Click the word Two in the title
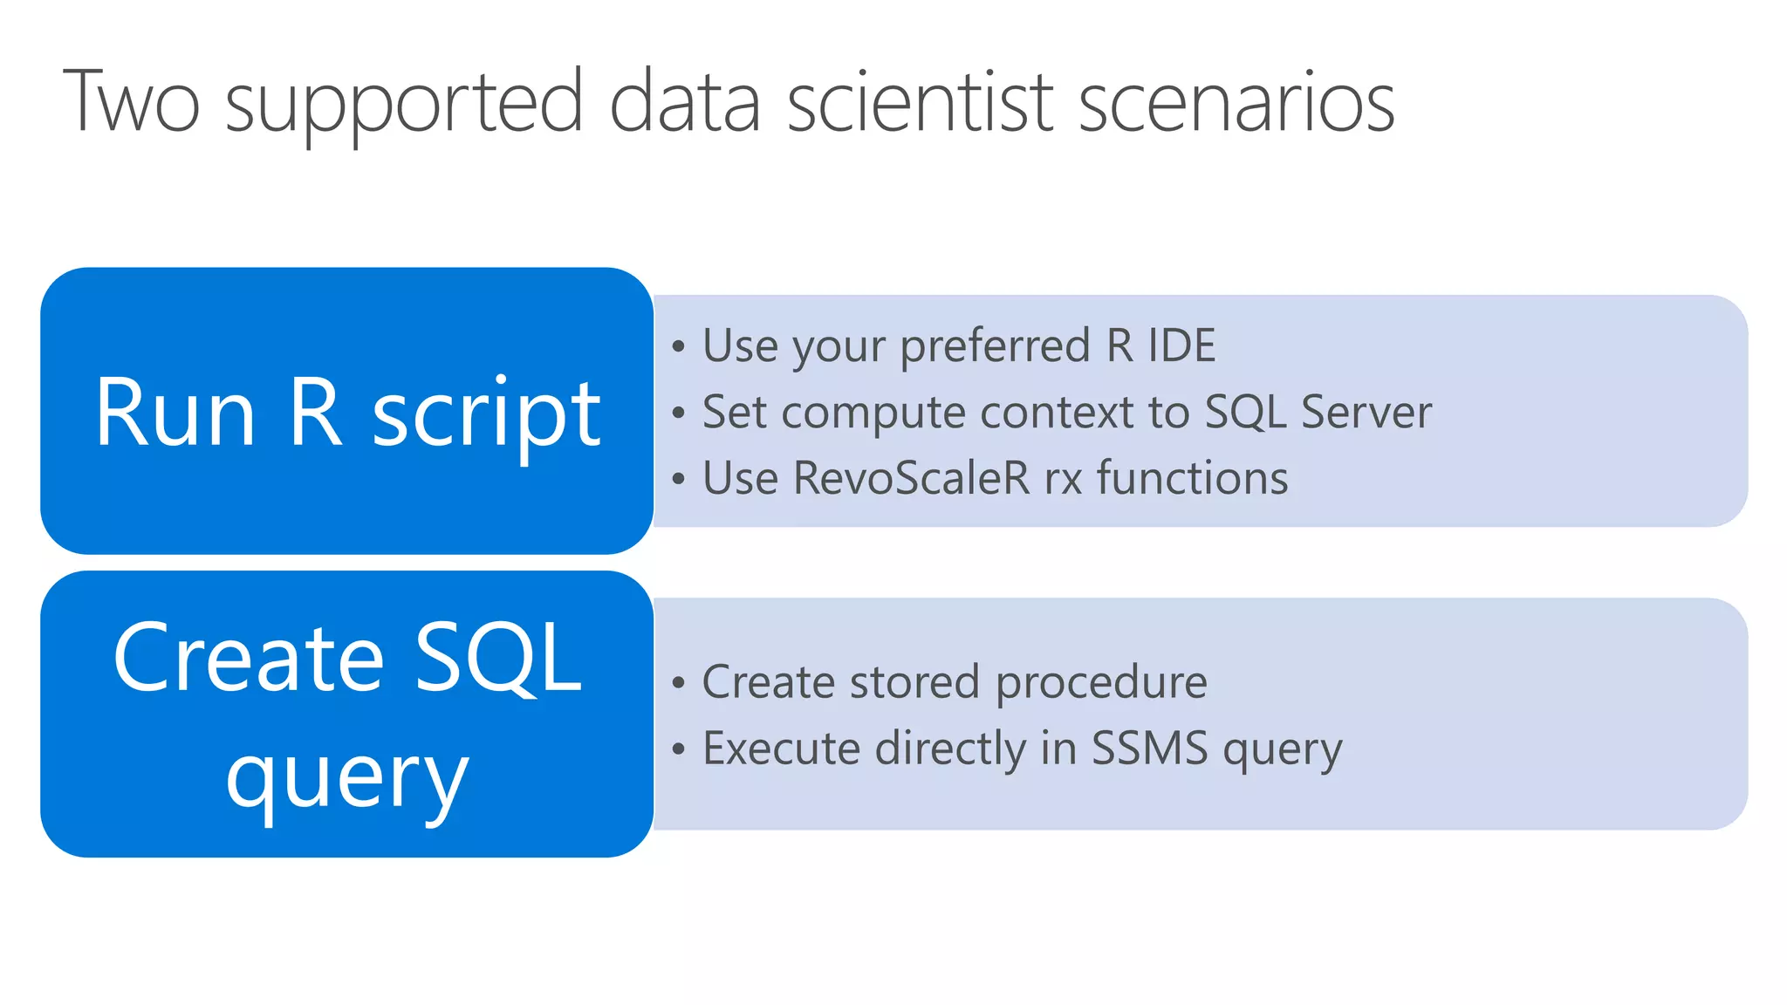[x=131, y=103]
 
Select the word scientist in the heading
[x=921, y=103]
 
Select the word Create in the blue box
[x=249, y=659]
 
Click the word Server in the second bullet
[x=1366, y=412]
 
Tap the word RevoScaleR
[x=911, y=478]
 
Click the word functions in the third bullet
[x=1192, y=478]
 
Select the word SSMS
[x=1149, y=749]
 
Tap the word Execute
[x=781, y=749]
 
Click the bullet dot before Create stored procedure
[x=679, y=683]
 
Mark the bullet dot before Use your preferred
[x=679, y=347]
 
